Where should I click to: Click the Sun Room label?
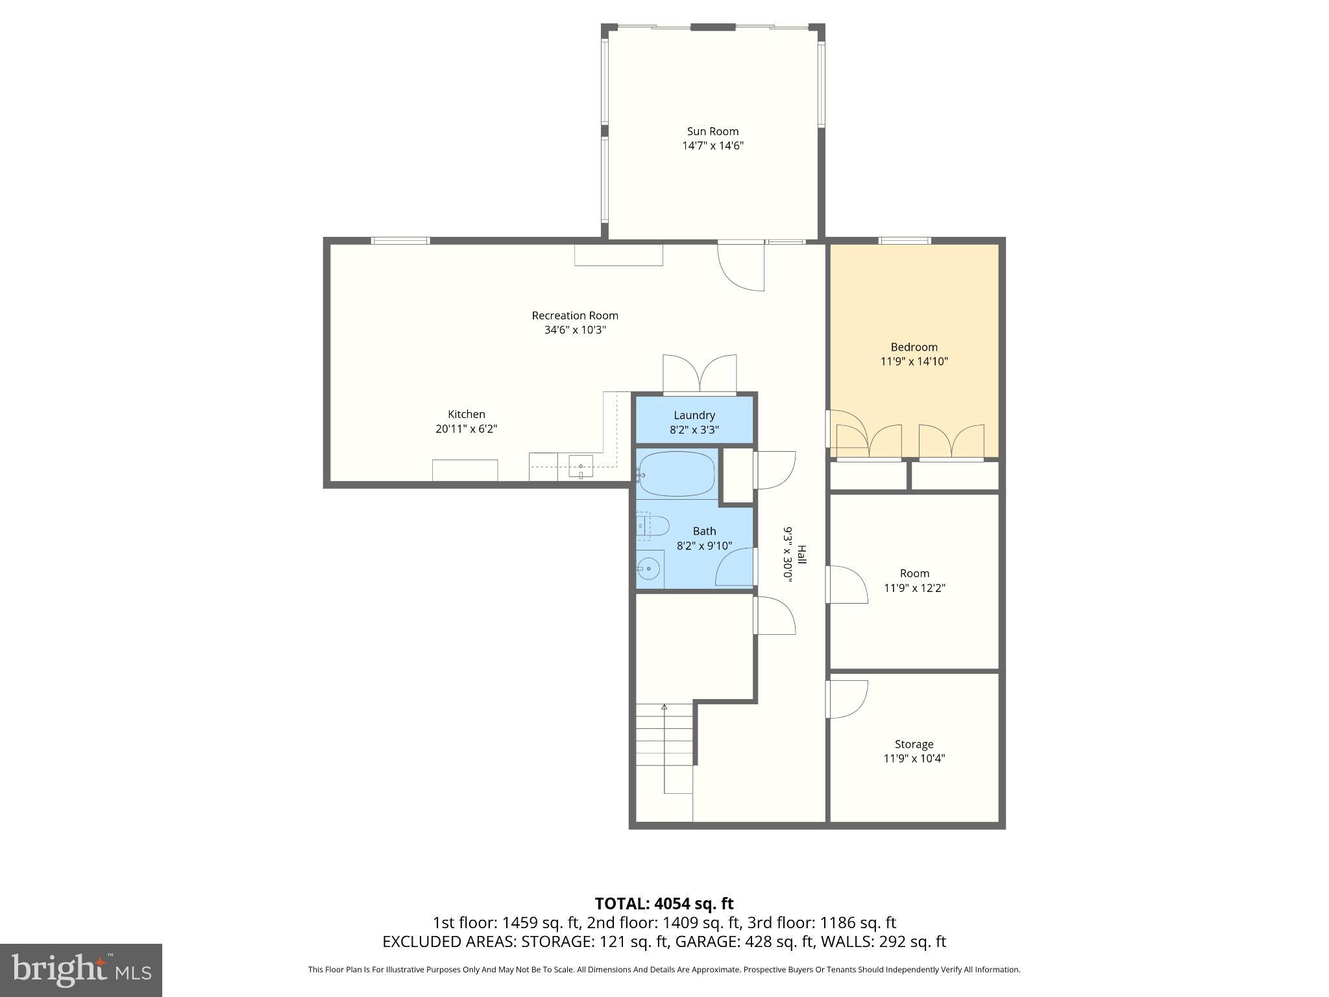(x=713, y=131)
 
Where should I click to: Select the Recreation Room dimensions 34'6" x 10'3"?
(x=575, y=330)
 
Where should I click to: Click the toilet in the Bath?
(x=652, y=526)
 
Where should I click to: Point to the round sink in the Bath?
(x=648, y=569)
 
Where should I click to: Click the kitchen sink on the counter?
(x=581, y=467)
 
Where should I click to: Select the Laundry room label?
(x=694, y=415)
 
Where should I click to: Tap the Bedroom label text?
(x=914, y=347)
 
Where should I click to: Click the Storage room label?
(x=914, y=744)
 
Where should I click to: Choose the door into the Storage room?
(x=847, y=698)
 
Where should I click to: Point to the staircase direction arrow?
(x=664, y=708)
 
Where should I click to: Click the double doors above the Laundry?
(x=700, y=375)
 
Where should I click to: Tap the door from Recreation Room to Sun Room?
(x=741, y=266)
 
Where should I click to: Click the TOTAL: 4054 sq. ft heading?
(x=664, y=904)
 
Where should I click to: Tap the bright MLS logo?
(x=80, y=970)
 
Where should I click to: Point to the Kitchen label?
(x=466, y=414)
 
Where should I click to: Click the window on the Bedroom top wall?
(x=905, y=241)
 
